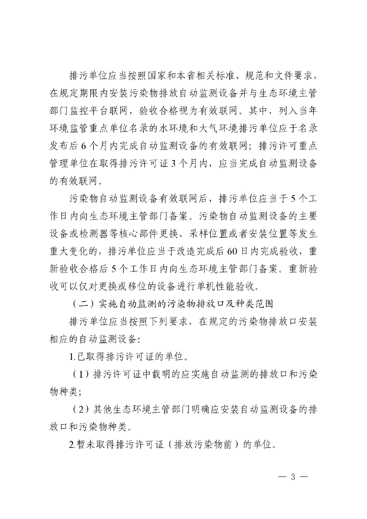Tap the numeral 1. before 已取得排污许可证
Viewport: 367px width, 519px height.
72,357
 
